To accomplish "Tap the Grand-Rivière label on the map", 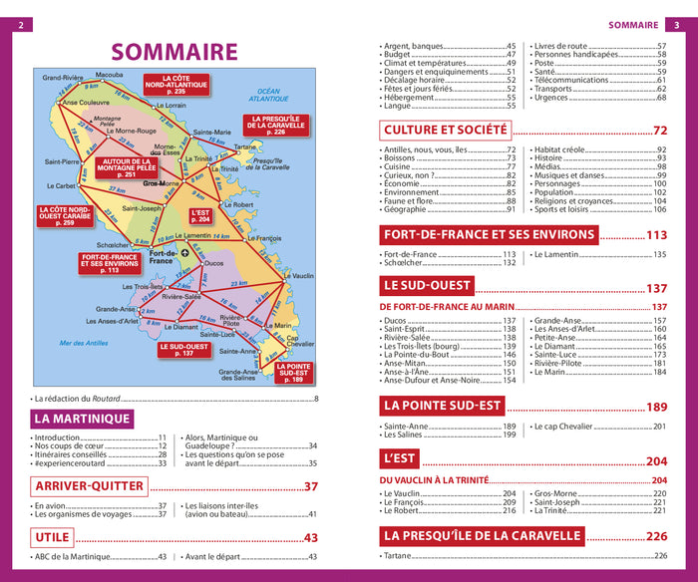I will pos(62,77).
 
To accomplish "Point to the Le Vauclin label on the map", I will pos(297,275).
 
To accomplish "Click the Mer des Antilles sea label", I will pos(84,343).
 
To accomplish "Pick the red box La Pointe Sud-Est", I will pos(293,372).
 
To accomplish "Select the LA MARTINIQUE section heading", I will pos(82,420).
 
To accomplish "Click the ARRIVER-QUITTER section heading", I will pos(90,486).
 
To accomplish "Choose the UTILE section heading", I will pos(52,537).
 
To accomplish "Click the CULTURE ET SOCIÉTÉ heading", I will pos(446,130).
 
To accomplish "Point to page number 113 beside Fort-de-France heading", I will pos(655,235).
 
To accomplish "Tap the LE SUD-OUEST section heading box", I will pos(426,286).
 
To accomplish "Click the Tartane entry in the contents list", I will pos(399,555).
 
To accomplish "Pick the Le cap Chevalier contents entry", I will pos(572,427).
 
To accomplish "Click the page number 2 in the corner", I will pos(18,25).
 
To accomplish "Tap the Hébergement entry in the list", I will pos(411,98).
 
